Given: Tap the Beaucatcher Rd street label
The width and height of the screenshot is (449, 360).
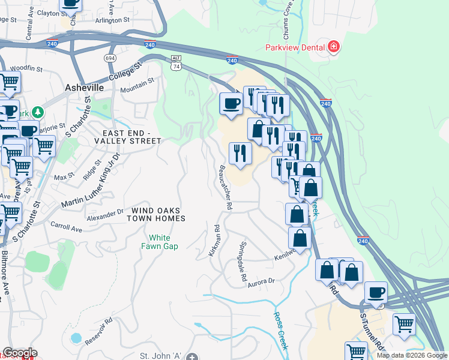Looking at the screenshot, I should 225,187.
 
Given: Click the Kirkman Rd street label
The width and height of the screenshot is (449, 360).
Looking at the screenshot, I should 214,241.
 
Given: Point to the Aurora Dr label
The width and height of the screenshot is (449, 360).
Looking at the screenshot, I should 261,281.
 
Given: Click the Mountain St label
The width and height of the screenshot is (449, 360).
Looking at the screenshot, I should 137,85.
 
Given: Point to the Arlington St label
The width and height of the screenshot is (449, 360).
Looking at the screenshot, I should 110,20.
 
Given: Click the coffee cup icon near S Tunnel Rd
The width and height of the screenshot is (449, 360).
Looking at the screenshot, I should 376,292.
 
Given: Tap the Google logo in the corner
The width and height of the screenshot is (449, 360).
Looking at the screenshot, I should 20,353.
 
